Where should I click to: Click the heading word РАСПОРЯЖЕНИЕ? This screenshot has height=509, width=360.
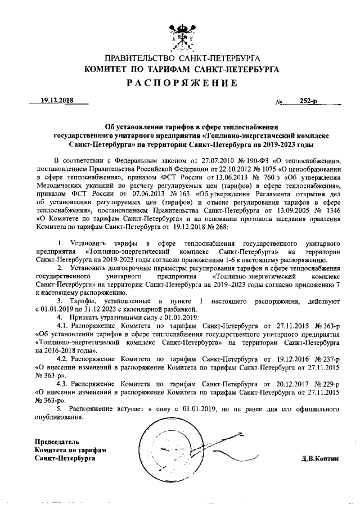click(x=181, y=83)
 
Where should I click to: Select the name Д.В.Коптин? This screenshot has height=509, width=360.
click(x=321, y=458)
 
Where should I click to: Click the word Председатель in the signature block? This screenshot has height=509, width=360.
click(x=57, y=442)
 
